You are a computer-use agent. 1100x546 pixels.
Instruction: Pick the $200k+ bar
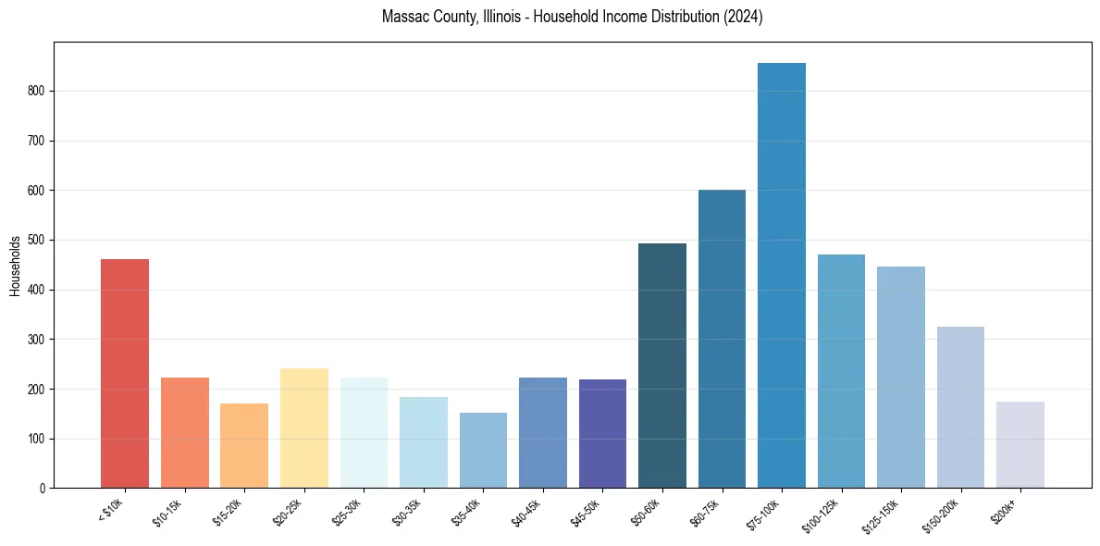tap(1020, 445)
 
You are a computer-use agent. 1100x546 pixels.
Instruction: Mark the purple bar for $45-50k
tap(602, 434)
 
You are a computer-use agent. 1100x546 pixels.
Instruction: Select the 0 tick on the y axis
tap(43, 489)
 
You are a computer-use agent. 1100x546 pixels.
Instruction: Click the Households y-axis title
tap(15, 266)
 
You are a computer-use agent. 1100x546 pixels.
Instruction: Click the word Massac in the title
tap(406, 18)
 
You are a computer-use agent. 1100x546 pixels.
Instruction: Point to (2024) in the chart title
tap(744, 18)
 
